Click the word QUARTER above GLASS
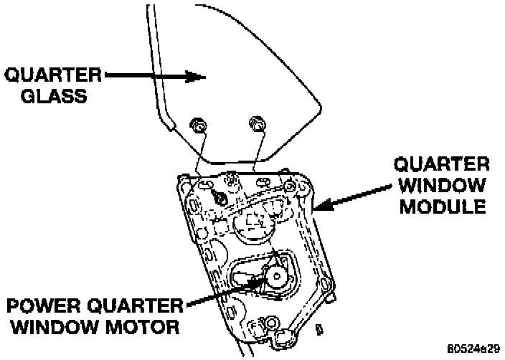click(x=55, y=74)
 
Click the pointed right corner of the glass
click(x=319, y=108)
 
